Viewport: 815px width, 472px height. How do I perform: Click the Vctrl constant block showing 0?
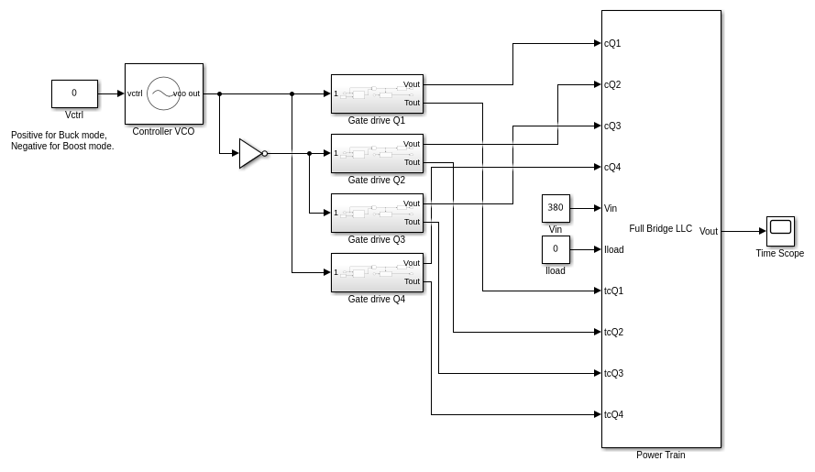point(74,93)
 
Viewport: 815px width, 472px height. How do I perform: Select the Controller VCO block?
point(163,93)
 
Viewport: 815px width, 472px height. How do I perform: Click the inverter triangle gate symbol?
point(250,153)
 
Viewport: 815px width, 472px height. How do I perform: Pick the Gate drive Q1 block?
point(377,93)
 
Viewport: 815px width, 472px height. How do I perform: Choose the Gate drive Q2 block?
point(377,153)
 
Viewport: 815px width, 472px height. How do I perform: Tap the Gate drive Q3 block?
point(377,213)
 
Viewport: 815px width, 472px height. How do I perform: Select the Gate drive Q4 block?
point(377,272)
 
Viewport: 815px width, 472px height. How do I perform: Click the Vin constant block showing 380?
point(556,208)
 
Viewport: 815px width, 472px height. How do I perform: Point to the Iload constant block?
point(556,249)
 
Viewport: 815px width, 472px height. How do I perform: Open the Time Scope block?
point(780,231)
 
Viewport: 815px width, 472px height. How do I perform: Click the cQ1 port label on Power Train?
point(612,43)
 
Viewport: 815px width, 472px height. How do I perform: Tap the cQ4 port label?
point(612,167)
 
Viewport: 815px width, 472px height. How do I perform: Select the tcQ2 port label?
point(613,332)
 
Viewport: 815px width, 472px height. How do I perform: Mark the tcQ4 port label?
point(613,414)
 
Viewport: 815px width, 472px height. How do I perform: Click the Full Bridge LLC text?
point(660,228)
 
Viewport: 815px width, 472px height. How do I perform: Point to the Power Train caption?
point(660,455)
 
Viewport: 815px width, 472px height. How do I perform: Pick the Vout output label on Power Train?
point(709,231)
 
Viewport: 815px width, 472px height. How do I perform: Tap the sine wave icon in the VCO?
point(163,93)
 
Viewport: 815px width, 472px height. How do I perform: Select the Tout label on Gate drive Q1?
point(412,103)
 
